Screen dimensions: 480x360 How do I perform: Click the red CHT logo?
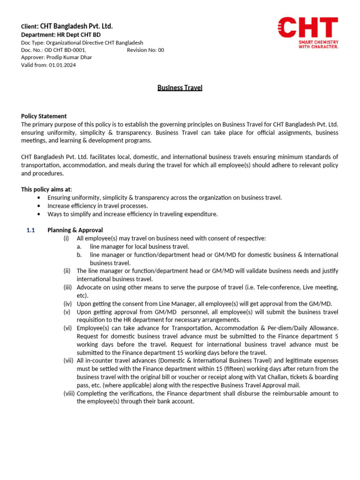click(x=307, y=28)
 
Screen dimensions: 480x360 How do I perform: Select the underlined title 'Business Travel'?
click(x=180, y=88)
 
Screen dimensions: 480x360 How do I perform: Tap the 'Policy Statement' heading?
click(x=44, y=116)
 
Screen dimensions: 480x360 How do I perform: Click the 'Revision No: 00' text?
click(x=145, y=50)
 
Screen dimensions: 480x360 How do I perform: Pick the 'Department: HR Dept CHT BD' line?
click(x=60, y=35)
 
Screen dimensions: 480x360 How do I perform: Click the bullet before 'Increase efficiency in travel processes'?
click(x=38, y=206)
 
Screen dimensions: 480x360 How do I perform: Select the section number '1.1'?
click(x=31, y=230)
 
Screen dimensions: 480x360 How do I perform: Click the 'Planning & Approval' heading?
click(x=75, y=230)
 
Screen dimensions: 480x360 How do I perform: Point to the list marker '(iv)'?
click(x=67, y=304)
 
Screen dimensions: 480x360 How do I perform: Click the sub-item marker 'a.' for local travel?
click(x=80, y=247)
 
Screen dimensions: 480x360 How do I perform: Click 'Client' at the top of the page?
click(x=29, y=26)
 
